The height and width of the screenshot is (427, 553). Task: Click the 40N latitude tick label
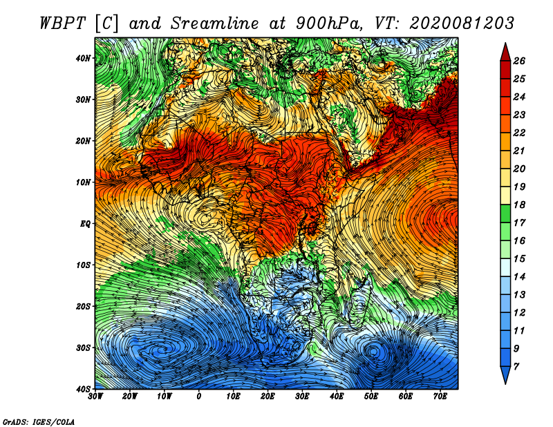(x=83, y=58)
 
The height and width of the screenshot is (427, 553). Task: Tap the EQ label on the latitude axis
(x=85, y=224)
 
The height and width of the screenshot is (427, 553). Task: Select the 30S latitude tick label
(x=83, y=348)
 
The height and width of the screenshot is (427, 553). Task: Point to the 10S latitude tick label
(x=83, y=265)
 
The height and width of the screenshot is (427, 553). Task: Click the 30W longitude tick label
(x=95, y=397)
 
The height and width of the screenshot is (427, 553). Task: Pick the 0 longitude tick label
(x=199, y=397)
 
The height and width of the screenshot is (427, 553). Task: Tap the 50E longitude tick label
(x=371, y=397)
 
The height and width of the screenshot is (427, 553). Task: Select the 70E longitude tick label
(x=440, y=397)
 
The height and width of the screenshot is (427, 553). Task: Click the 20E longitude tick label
(x=268, y=397)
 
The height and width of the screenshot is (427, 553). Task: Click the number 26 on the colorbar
(x=519, y=61)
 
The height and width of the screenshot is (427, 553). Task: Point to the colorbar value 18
(x=519, y=205)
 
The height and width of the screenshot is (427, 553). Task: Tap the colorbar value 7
(x=516, y=367)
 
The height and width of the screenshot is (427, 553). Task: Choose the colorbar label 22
(x=519, y=133)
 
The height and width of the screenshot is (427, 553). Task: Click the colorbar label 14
(x=519, y=277)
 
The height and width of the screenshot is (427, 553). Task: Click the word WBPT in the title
(x=62, y=23)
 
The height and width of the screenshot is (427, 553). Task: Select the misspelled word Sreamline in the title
(x=215, y=23)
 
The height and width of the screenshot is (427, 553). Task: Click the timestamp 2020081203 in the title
(x=462, y=23)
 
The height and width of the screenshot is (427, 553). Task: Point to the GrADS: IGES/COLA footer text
(x=39, y=422)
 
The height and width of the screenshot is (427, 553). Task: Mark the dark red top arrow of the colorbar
(x=505, y=53)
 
